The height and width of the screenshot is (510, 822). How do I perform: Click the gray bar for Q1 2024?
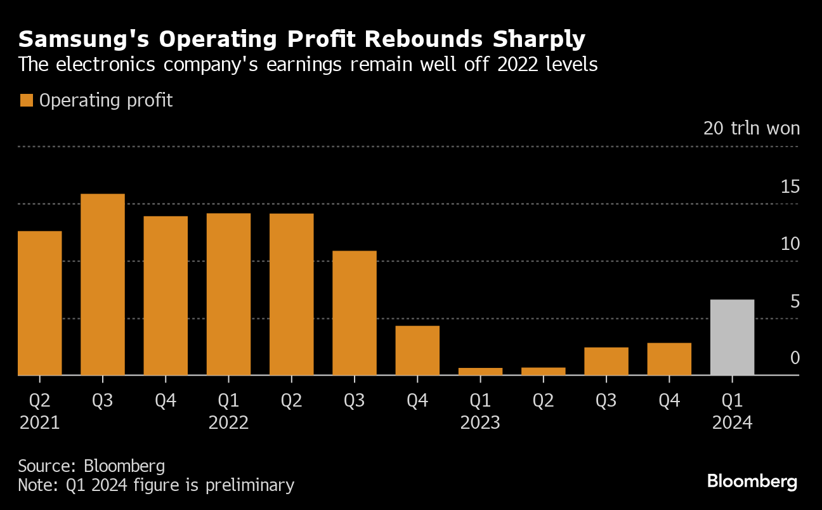pyautogui.click(x=732, y=337)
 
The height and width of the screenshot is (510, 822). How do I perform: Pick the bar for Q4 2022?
pyautogui.click(x=417, y=350)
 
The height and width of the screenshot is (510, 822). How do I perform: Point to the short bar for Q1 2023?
pyautogui.click(x=480, y=371)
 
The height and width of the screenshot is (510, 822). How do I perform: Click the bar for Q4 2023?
pyautogui.click(x=669, y=359)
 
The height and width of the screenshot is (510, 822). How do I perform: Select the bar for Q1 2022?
pyautogui.click(x=228, y=294)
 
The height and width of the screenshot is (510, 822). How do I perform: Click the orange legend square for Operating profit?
pyautogui.click(x=26, y=100)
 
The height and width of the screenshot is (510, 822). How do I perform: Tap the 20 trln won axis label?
pyautogui.click(x=752, y=128)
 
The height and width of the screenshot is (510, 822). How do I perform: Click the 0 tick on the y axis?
pyautogui.click(x=795, y=358)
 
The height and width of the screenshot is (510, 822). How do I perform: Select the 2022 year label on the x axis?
pyautogui.click(x=228, y=422)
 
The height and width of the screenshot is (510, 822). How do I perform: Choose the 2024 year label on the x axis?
pyautogui.click(x=732, y=422)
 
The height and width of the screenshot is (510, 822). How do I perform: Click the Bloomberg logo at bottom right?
pyautogui.click(x=752, y=481)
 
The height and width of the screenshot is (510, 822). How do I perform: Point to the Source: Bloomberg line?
pyautogui.click(x=91, y=466)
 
